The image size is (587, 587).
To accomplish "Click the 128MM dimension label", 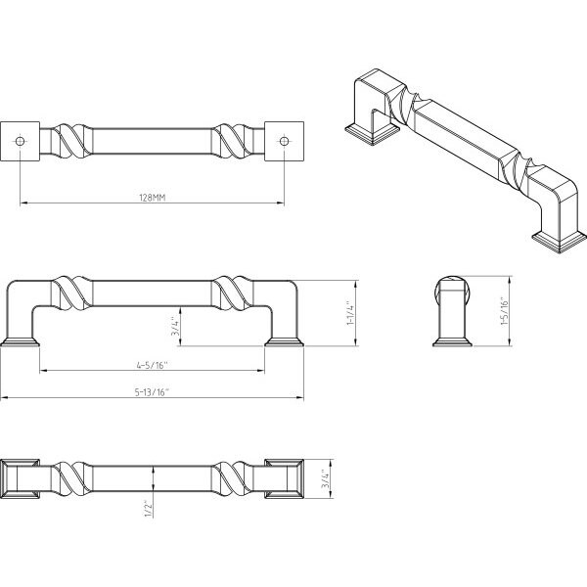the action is pyautogui.click(x=153, y=198).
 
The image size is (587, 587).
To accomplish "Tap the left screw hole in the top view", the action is pyautogui.click(x=21, y=141).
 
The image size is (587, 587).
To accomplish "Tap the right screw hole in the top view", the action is pyautogui.click(x=284, y=141).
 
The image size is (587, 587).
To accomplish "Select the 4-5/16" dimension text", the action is pyautogui.click(x=152, y=365).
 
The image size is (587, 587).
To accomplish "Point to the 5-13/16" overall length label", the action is pyautogui.click(x=152, y=392).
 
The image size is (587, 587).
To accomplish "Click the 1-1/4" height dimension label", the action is pyautogui.click(x=350, y=313).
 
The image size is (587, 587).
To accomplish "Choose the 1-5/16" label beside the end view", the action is pyautogui.click(x=505, y=312).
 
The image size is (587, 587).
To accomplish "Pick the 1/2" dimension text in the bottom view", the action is pyautogui.click(x=149, y=510).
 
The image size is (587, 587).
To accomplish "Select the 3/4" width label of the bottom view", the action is pyautogui.click(x=326, y=479).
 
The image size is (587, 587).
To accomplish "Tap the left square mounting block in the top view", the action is pyautogui.click(x=21, y=141).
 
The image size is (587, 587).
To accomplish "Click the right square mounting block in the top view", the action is pyautogui.click(x=284, y=141).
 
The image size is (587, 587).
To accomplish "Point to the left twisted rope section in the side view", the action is pyautogui.click(x=71, y=293).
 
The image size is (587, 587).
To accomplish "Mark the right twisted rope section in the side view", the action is pyautogui.click(x=232, y=293).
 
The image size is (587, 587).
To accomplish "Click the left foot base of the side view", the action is pyautogui.click(x=21, y=341).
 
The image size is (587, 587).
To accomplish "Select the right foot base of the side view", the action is pyautogui.click(x=284, y=341).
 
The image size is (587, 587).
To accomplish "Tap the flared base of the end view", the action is pyautogui.click(x=452, y=341).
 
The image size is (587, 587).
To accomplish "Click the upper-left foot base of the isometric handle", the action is pyautogui.click(x=372, y=134).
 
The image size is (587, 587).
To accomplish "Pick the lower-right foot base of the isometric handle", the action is pyautogui.click(x=560, y=242).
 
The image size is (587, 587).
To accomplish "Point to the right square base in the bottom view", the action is pyautogui.click(x=284, y=478).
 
